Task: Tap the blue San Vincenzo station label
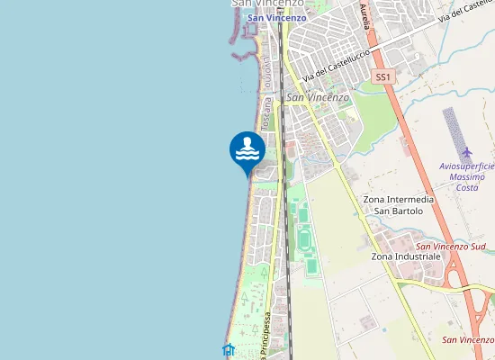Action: coord(276,17)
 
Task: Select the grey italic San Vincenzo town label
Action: coord(318,97)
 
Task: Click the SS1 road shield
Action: coord(384,78)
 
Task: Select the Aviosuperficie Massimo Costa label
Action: coord(466,177)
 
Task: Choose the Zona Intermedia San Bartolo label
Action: coord(398,205)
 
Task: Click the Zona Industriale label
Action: coord(406,256)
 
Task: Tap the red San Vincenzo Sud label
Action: coord(450,246)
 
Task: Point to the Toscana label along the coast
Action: coord(267,112)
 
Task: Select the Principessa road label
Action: coord(266,335)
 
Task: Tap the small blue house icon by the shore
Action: coord(229,350)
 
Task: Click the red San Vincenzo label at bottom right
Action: coord(468,339)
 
